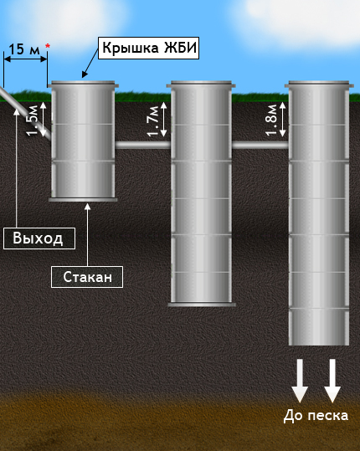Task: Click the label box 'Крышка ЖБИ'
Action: coord(148,48)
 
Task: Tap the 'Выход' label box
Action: coord(39,238)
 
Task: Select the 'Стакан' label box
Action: coord(87,277)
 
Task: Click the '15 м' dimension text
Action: coord(24,49)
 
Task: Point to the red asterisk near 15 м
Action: coord(48,46)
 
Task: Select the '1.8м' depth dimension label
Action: coord(271,120)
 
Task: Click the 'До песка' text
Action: coord(316,416)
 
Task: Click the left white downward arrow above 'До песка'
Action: coord(300,380)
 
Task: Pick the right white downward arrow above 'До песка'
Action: coord(332,380)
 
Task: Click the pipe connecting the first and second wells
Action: coord(143,145)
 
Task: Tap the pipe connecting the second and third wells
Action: coord(260,145)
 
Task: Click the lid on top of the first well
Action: coord(83,84)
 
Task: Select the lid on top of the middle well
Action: coord(201,84)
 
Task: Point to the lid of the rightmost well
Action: coord(319,84)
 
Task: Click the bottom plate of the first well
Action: coord(83,199)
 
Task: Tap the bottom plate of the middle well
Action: coord(202,305)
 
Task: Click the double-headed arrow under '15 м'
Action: coord(25,59)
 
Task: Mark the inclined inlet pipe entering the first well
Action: coord(25,113)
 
